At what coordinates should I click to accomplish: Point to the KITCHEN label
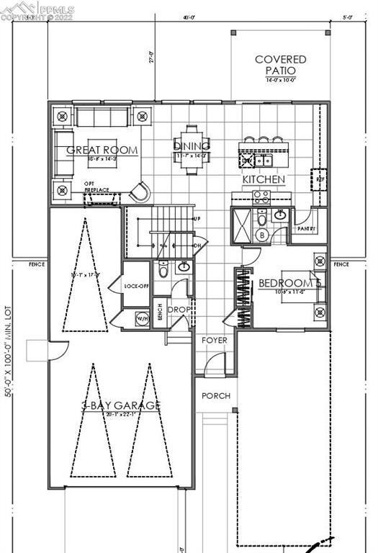pyautogui.click(x=264, y=179)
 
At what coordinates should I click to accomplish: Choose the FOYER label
pyautogui.click(x=214, y=340)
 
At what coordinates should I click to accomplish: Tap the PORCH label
pyautogui.click(x=215, y=395)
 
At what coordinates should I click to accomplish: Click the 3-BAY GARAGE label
pyautogui.click(x=120, y=406)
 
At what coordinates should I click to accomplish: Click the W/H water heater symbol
pyautogui.click(x=142, y=318)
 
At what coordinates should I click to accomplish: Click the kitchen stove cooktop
pyautogui.click(x=261, y=194)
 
